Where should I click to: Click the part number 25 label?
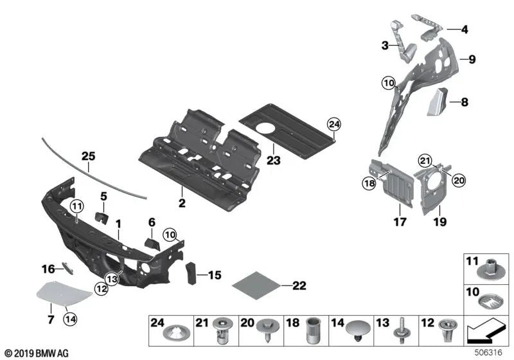pyautogui.click(x=87, y=156)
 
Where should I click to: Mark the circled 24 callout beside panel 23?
pyautogui.click(x=332, y=124)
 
